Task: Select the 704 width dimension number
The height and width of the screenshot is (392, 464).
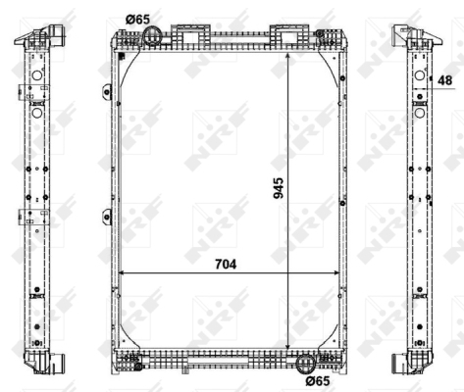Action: click(225, 262)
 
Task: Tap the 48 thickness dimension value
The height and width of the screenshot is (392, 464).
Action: click(446, 81)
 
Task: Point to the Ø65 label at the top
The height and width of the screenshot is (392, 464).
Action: click(139, 18)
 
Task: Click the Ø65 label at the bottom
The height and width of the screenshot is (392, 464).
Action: click(316, 380)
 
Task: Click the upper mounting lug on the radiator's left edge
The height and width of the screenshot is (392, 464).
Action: click(103, 93)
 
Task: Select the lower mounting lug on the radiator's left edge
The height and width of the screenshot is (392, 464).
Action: click(103, 217)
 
